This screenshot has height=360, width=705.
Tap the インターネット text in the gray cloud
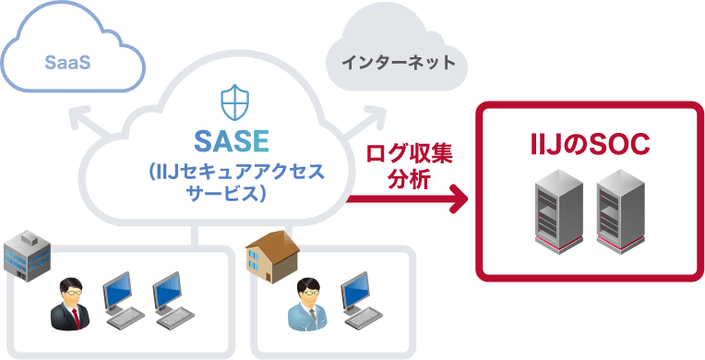tap(398, 64)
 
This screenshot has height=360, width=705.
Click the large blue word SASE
tap(232, 141)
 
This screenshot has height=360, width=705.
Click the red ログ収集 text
tap(410, 153)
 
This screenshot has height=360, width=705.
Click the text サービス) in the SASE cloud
tap(227, 195)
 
